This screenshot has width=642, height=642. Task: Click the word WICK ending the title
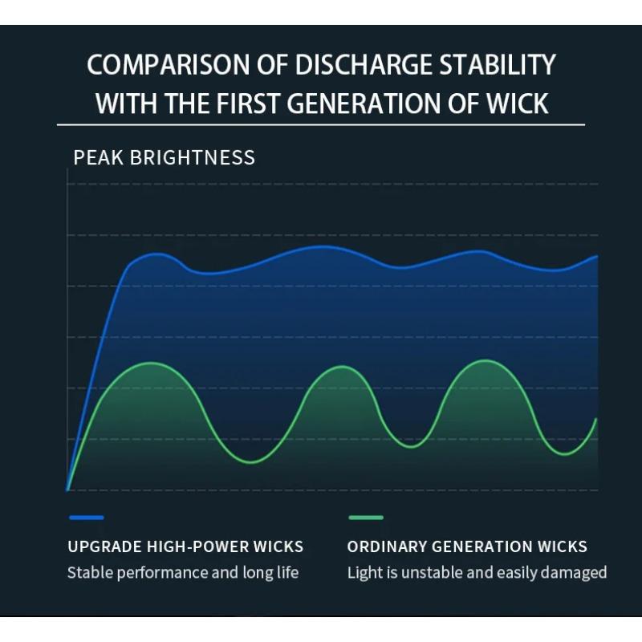[x=518, y=104]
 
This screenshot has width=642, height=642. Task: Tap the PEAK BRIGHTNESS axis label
[x=164, y=157]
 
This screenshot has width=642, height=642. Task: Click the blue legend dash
[x=86, y=518]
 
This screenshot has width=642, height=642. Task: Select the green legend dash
[x=366, y=518]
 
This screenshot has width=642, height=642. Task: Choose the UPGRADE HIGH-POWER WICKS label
[x=185, y=547]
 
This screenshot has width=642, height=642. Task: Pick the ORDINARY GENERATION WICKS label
[x=467, y=547]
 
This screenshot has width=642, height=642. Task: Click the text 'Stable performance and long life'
[x=183, y=573]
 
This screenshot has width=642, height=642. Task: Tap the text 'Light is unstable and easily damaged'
[x=477, y=573]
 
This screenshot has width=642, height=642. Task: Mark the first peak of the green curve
[x=152, y=363]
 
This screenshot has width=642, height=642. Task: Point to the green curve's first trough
[x=251, y=462]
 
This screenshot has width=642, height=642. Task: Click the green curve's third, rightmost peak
[x=485, y=360]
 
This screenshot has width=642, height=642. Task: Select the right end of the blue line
[x=597, y=256]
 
